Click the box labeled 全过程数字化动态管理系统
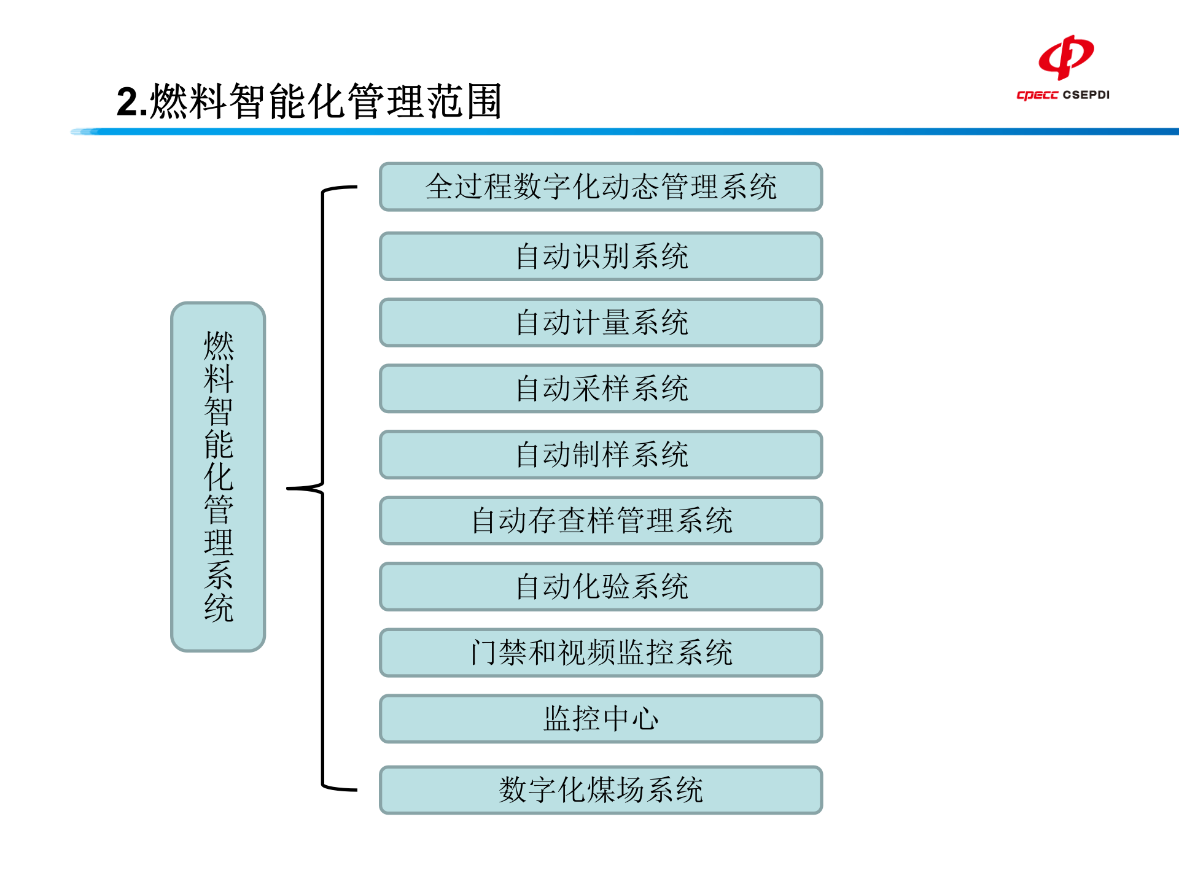pyautogui.click(x=601, y=187)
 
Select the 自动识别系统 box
pyautogui.click(x=601, y=256)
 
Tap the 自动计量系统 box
pyautogui.click(x=601, y=322)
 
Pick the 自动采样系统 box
pyautogui.click(x=601, y=389)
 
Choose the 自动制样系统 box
pyautogui.click(x=601, y=455)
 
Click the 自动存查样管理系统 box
pyautogui.click(x=601, y=521)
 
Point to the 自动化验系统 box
pyautogui.click(x=601, y=587)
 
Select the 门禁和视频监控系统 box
pyautogui.click(x=601, y=653)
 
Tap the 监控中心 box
pyautogui.click(x=601, y=719)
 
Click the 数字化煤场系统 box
pyautogui.click(x=601, y=790)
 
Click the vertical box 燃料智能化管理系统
pyautogui.click(x=218, y=476)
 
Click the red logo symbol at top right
pyautogui.click(x=1066, y=57)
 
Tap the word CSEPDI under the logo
pyautogui.click(x=1086, y=95)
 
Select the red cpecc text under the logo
pyautogui.click(x=1037, y=95)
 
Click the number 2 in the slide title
pyautogui.click(x=128, y=102)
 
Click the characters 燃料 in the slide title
pyautogui.click(x=189, y=101)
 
